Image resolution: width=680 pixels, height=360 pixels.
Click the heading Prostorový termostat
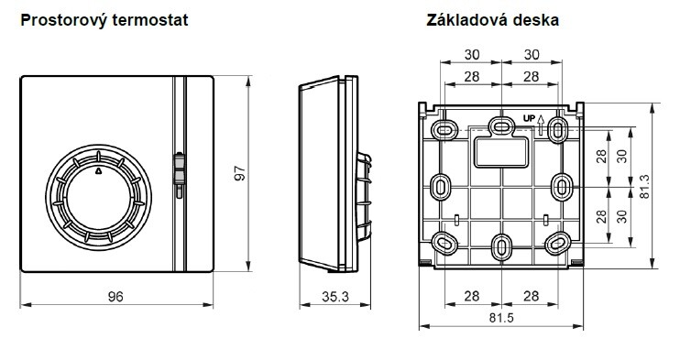click(104, 20)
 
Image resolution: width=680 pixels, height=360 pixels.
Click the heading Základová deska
click(493, 20)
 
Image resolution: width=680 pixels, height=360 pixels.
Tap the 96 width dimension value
click(115, 297)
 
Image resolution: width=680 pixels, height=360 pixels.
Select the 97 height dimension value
click(240, 173)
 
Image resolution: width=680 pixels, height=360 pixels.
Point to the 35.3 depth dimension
click(335, 297)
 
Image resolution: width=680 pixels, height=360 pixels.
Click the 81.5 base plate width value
click(501, 318)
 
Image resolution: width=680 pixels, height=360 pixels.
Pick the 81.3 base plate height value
click(645, 187)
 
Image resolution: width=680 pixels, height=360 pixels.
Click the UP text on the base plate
click(529, 118)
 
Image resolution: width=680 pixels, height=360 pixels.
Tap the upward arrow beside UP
click(541, 125)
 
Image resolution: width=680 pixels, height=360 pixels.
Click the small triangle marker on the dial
click(98, 170)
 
